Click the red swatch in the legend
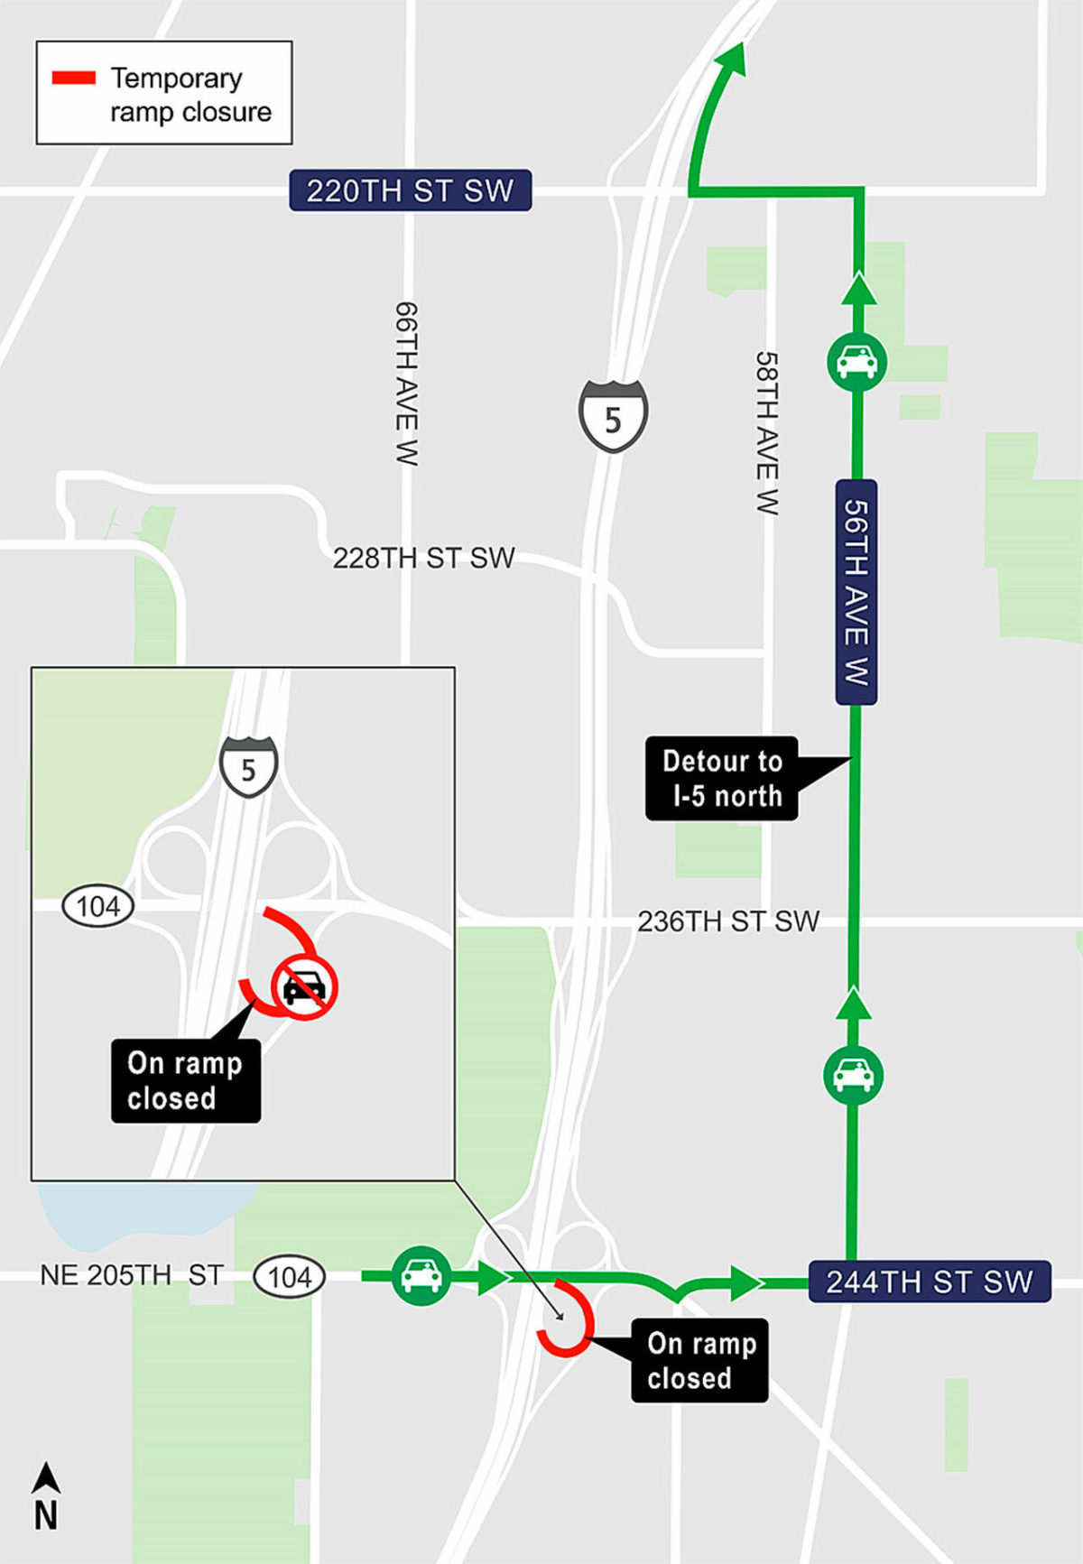[74, 79]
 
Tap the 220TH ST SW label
[410, 190]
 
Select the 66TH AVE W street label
[407, 384]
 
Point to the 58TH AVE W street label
[767, 433]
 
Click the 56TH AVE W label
[856, 592]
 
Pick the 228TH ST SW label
[423, 558]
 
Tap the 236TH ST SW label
[728, 921]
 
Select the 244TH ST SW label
[930, 1282]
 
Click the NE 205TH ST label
[132, 1275]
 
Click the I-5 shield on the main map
[613, 416]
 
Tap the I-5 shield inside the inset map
[248, 767]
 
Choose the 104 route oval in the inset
[97, 906]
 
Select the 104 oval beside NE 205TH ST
[289, 1277]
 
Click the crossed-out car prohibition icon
[305, 987]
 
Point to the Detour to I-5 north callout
[722, 778]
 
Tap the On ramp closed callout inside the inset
[185, 1080]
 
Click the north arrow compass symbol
[46, 1496]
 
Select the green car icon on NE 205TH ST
[421, 1275]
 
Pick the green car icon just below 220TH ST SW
[857, 362]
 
